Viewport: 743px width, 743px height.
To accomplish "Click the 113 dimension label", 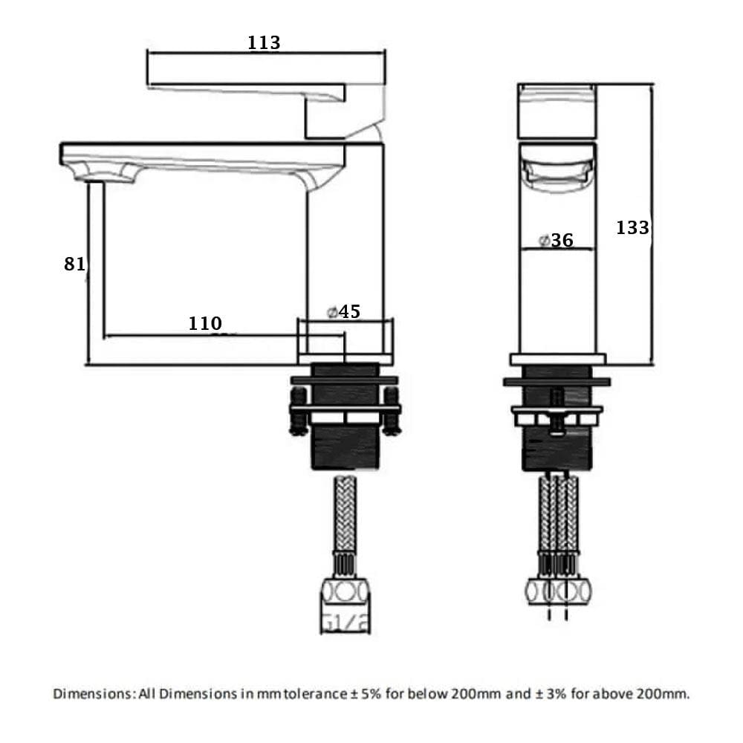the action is coord(264,42).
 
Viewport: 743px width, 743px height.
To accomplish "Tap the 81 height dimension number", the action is coord(74,264).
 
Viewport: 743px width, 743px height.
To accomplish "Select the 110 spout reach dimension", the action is coord(205,324).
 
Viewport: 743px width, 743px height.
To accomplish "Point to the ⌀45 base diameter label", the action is coord(343,312).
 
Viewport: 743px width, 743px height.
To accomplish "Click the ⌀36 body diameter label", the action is coord(557,240).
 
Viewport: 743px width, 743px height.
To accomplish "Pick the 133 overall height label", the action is coord(632,228).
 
